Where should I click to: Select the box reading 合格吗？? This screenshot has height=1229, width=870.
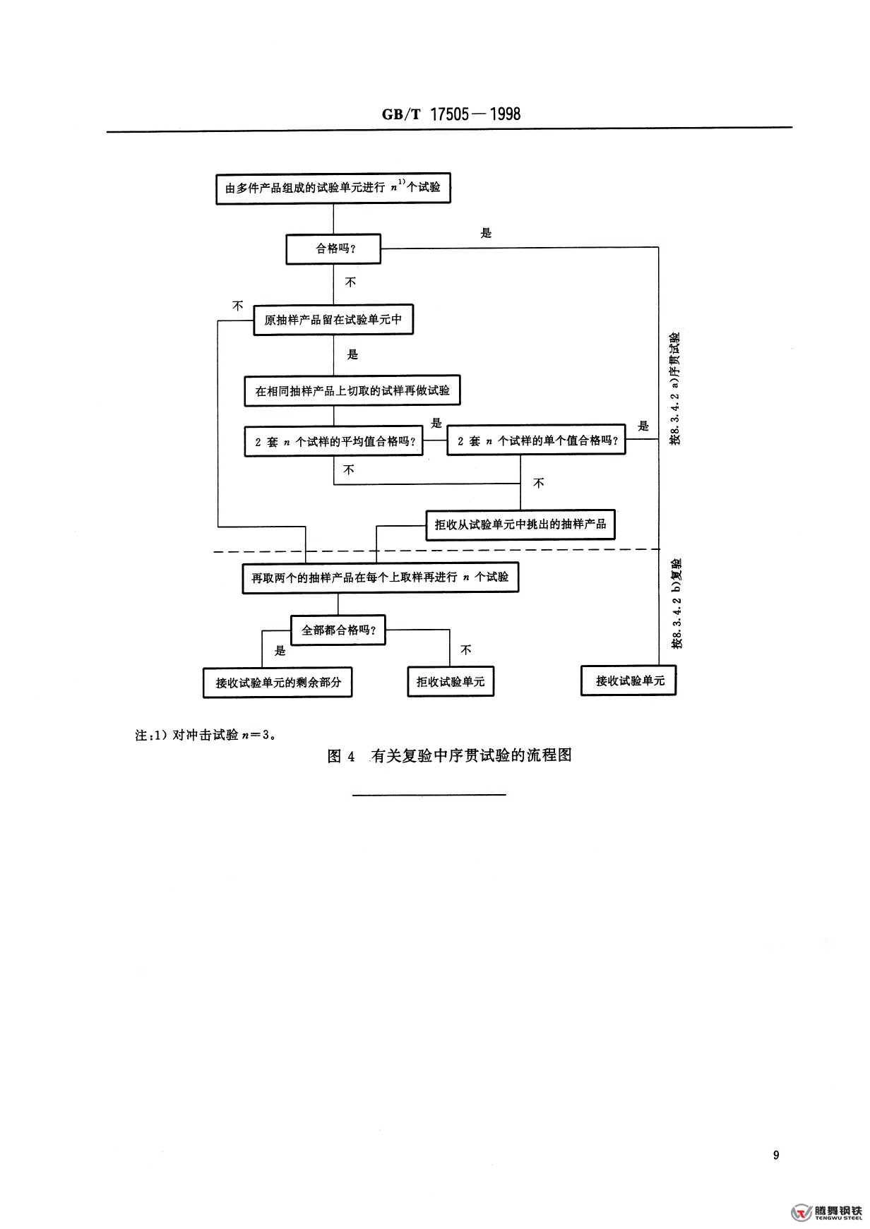pos(333,249)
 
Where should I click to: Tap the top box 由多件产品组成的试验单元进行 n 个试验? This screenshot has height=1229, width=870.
pos(333,188)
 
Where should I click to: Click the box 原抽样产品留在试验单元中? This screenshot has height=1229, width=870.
pos(333,320)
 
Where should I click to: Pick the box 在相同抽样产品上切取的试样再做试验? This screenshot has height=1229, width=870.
pos(352,390)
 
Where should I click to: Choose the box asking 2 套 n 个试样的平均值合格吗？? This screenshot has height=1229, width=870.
pos(334,442)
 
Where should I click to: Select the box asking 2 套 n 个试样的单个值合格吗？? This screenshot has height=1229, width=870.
pos(537,440)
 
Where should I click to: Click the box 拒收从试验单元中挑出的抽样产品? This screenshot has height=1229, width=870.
pos(520,525)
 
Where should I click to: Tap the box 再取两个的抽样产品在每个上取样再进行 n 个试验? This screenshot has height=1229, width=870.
pos(380,578)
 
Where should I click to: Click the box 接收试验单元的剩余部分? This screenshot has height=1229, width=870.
pos(278,683)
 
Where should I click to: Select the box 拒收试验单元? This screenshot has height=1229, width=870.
pos(451,682)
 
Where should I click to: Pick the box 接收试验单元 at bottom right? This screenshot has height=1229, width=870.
pos(628,681)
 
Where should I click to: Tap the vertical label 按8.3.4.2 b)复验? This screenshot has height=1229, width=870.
pos(677,604)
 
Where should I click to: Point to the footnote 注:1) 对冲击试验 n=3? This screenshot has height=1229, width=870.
pos(205,734)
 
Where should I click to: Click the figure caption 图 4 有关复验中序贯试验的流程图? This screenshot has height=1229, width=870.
pos(450,755)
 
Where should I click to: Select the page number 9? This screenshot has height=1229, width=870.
pos(776,1155)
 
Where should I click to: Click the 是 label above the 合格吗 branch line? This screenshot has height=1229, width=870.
pos(486,233)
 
